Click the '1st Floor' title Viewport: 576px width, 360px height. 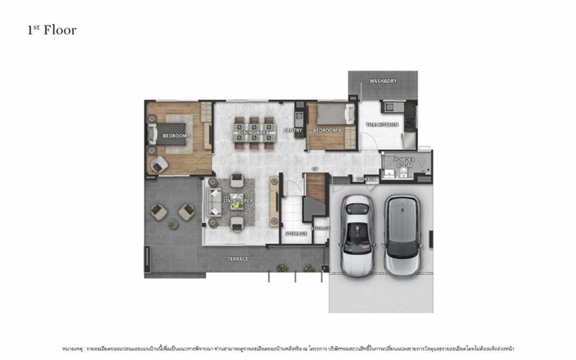(x=52, y=30)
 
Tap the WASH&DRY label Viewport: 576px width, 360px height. (x=383, y=81)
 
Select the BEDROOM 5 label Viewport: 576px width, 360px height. (x=177, y=136)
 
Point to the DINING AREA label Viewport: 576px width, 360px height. (x=255, y=132)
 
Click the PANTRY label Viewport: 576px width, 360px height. (x=292, y=131)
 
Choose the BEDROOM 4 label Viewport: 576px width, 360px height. (x=326, y=131)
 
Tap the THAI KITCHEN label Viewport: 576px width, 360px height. (x=382, y=125)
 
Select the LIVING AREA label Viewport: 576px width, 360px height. (x=239, y=201)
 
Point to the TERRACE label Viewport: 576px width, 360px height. (x=238, y=259)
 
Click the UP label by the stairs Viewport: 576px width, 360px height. (x=315, y=169)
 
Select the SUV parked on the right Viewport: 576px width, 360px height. (x=401, y=235)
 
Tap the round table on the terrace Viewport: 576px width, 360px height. (x=171, y=224)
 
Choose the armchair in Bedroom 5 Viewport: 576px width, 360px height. (x=159, y=165)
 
